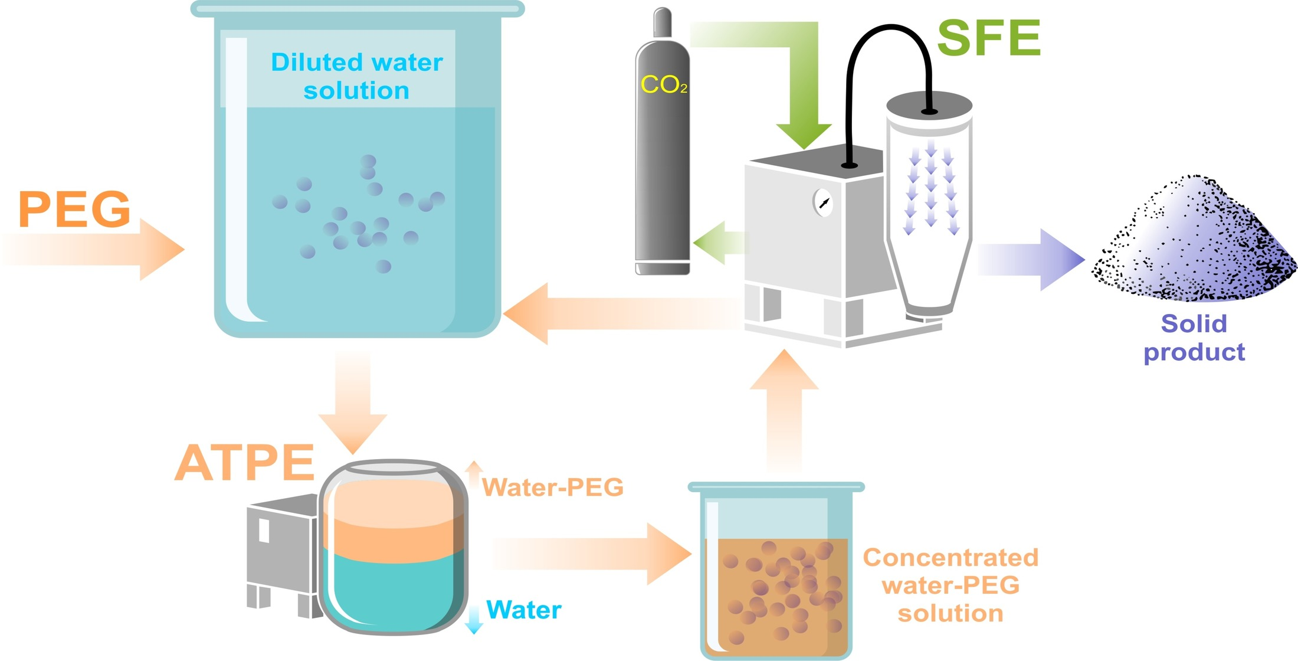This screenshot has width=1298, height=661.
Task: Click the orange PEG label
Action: pos(74,210)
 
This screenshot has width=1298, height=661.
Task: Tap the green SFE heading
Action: pos(989,38)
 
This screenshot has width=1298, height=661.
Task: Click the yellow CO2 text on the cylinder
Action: pos(663,85)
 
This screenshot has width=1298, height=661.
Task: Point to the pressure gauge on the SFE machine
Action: pos(822,203)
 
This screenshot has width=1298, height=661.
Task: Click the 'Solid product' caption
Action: pos(1194,338)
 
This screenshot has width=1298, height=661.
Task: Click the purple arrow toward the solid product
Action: pos(1032,260)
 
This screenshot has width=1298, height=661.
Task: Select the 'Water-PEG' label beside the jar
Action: pos(552,487)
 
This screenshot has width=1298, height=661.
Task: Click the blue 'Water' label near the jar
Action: pos(523,610)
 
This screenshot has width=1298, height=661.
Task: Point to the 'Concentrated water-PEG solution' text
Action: pos(950,585)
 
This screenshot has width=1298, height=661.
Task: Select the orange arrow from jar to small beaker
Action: pos(590,554)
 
